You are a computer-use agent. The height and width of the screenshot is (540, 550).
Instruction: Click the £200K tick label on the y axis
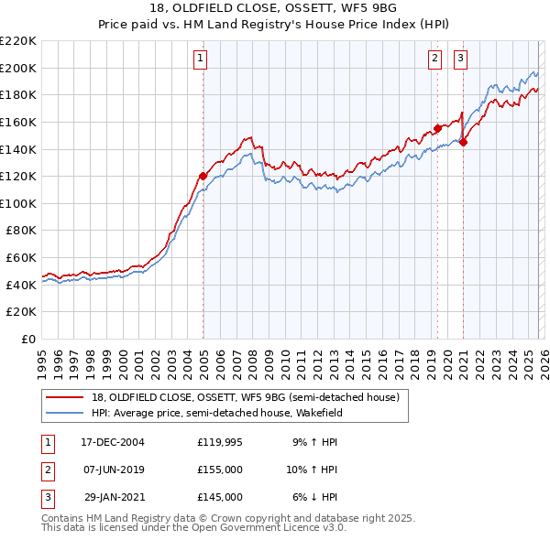tap(18, 68)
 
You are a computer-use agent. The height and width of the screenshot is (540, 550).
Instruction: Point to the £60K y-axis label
tap(21, 258)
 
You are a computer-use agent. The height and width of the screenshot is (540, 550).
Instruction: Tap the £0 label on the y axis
tap(29, 340)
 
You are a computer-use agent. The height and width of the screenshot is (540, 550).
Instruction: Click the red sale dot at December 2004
tap(203, 176)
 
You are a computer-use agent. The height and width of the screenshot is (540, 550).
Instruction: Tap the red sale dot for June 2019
tap(437, 128)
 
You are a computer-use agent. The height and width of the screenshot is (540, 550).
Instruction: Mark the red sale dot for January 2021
tap(464, 142)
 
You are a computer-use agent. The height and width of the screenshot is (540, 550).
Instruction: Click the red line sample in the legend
tap(65, 398)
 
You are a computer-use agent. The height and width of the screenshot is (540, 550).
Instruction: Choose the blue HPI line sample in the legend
tap(65, 413)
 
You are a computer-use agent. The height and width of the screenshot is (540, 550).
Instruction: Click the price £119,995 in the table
tap(220, 441)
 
